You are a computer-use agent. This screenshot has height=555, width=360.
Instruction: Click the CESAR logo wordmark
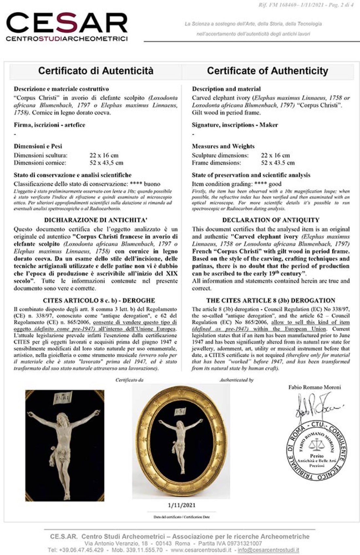(67, 24)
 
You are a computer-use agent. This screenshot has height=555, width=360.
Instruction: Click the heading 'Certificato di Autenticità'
(96, 71)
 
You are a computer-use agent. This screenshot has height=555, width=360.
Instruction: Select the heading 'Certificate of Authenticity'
(267, 71)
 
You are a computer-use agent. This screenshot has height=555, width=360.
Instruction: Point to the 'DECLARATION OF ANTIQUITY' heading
(271, 220)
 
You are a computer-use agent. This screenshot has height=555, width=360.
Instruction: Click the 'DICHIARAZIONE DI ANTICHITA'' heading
(96, 220)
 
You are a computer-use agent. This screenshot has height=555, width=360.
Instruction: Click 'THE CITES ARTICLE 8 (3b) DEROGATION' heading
(271, 301)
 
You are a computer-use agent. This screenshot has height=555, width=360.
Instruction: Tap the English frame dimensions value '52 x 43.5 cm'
(278, 163)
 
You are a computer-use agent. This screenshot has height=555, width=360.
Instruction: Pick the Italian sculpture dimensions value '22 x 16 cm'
(104, 155)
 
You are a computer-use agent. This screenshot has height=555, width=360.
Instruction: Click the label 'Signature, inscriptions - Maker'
(235, 125)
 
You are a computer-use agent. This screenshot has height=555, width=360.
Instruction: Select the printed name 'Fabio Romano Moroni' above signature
(315, 387)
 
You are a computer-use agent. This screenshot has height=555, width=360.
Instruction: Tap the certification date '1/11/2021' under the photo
(181, 505)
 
